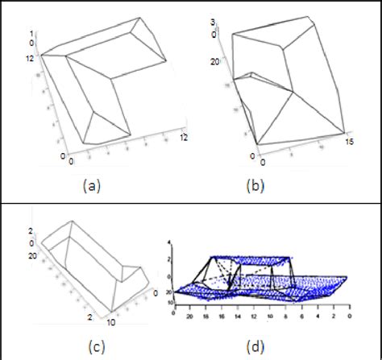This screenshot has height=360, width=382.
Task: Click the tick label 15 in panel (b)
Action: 347,143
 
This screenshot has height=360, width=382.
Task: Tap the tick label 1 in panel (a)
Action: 33,32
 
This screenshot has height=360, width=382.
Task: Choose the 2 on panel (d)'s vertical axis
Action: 168,259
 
